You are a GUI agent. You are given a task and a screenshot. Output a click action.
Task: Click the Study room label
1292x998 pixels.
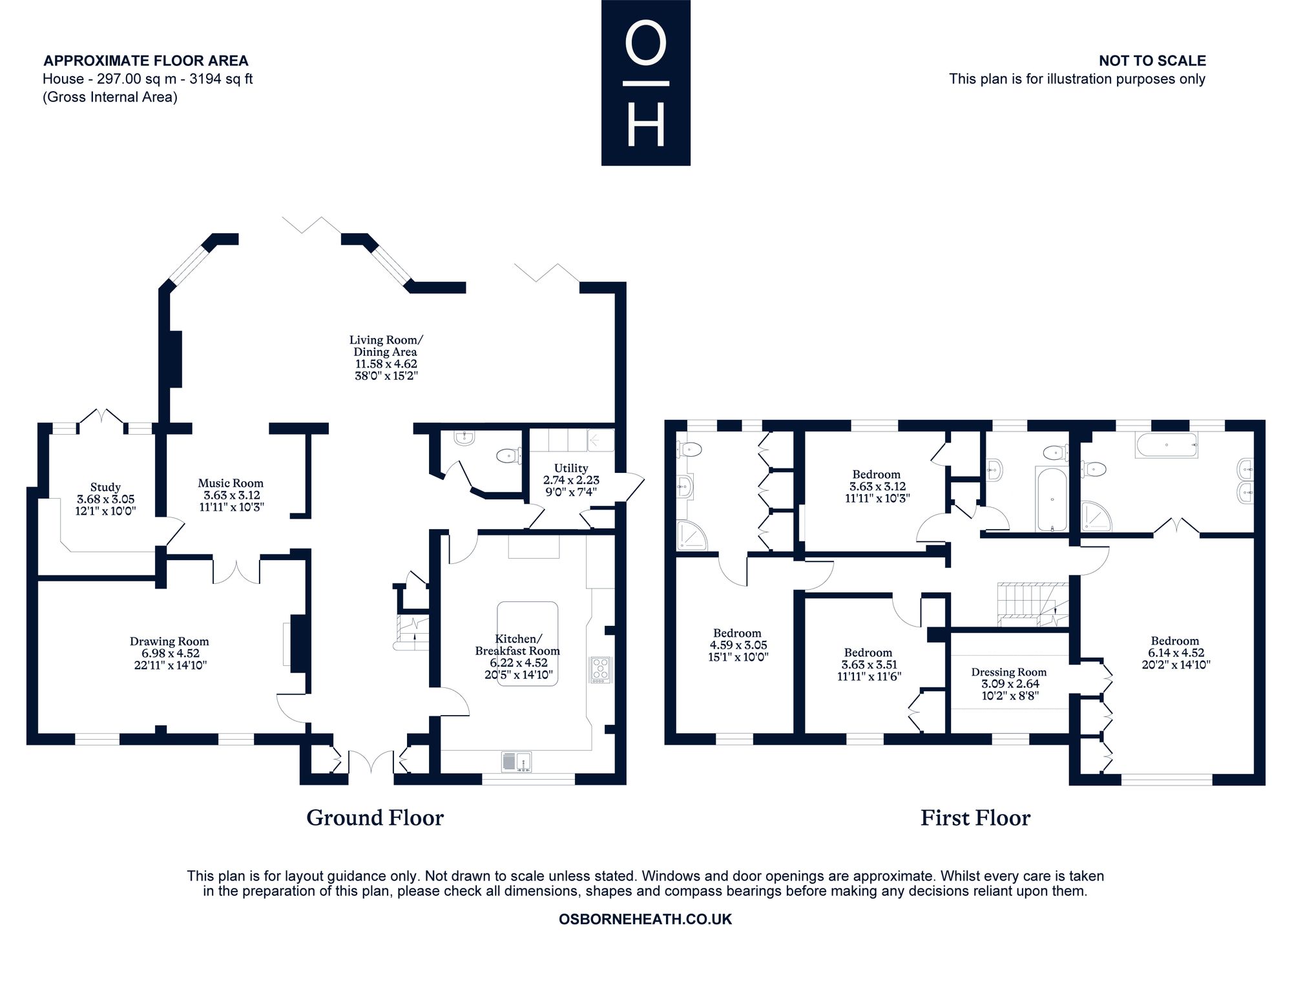105,488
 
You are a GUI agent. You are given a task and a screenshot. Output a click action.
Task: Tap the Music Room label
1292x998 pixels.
231,483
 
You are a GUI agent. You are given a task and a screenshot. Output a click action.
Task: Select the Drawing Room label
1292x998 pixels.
169,641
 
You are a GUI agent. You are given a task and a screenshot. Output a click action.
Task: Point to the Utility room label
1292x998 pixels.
571,468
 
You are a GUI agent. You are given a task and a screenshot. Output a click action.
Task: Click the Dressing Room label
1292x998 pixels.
1009,672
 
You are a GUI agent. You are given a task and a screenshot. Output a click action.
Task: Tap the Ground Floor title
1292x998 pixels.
375,818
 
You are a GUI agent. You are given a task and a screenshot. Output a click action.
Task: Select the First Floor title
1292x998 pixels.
975,818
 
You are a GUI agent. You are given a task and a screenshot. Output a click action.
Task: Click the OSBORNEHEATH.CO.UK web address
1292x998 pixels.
645,919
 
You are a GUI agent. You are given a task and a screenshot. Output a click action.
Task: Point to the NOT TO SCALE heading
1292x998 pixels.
1152,61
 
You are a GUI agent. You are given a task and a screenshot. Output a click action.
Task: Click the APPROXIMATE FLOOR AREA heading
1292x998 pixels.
146,61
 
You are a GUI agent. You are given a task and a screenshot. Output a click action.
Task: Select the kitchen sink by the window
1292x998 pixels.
516,762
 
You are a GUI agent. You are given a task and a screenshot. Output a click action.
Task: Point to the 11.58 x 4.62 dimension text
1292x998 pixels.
386,364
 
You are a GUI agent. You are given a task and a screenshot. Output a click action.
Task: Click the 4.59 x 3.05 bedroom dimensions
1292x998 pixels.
737,645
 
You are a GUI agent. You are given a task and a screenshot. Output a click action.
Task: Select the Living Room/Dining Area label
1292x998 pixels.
386,346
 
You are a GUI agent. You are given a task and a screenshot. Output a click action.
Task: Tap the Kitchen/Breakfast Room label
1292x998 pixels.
517,645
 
